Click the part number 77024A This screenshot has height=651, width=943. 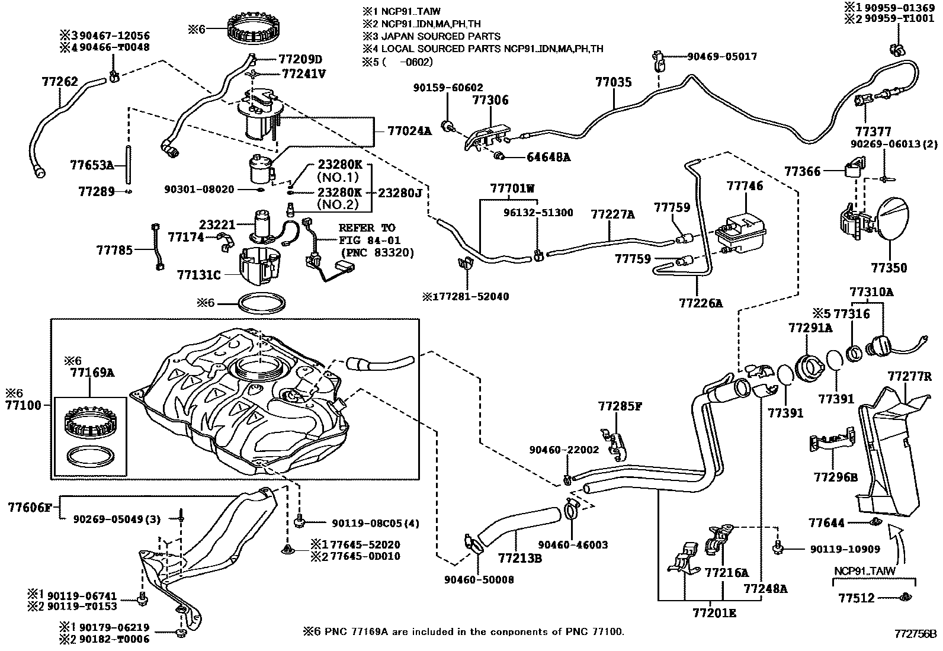[x=409, y=131]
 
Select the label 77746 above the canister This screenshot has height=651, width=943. [x=745, y=186]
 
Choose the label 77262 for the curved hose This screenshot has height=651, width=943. [x=60, y=82]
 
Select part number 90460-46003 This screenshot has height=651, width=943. [x=573, y=545]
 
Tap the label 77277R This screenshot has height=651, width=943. [x=909, y=376]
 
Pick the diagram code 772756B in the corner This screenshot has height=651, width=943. [x=915, y=633]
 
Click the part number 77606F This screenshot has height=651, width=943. [x=31, y=507]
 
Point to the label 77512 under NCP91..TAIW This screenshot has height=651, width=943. [x=856, y=598]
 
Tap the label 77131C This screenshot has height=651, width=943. [x=198, y=275]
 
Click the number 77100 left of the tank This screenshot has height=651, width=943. [x=23, y=405]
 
